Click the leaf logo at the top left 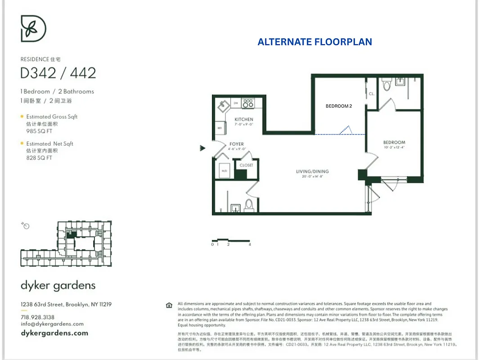point(34,28)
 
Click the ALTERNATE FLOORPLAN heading point(314,42)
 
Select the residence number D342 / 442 point(58,73)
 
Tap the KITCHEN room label point(244,119)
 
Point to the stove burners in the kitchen point(248,103)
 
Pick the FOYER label point(237,144)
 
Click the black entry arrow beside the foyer point(203,148)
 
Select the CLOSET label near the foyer point(246,165)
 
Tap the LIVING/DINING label point(312,171)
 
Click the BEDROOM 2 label point(339,106)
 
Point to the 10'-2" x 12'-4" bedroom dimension point(394,147)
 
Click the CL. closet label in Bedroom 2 point(372,94)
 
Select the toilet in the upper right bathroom point(386,85)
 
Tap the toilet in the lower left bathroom point(249,205)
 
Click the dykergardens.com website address point(54,333)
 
